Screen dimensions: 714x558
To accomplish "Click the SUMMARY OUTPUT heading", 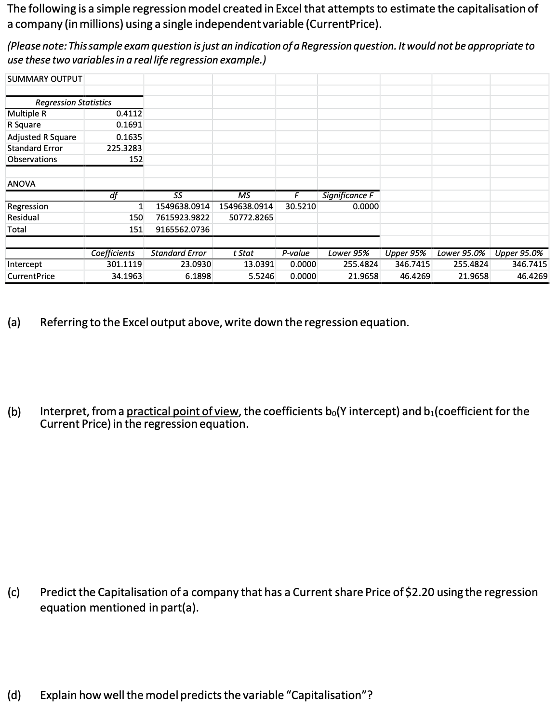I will click(45, 79).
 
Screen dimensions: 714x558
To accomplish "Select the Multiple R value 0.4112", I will click(129, 114).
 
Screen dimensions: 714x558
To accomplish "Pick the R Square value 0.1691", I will click(129, 125).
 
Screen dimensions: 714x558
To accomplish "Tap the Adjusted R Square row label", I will click(42, 137).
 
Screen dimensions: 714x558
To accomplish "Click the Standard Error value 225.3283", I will click(124, 148).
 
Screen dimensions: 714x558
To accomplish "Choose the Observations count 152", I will click(136, 159).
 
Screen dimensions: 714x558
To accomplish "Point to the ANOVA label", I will click(21, 184).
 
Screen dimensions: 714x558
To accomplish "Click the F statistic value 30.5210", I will click(301, 206).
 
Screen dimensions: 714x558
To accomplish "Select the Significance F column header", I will click(347, 195).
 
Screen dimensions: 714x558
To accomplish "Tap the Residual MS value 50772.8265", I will click(251, 217).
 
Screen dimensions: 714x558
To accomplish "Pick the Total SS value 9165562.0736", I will click(183, 229).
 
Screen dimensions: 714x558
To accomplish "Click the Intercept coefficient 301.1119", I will click(124, 264).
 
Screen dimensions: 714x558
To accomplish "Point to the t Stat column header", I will click(243, 253).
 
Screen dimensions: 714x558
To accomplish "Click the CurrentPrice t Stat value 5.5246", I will click(261, 276).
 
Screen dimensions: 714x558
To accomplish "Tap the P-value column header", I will click(296, 253).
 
